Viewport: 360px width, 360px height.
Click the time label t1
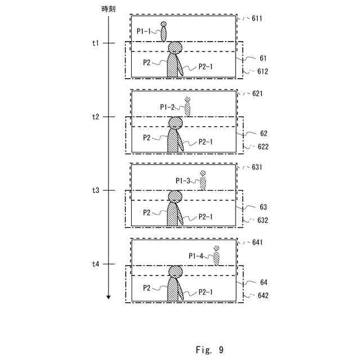(x=96, y=43)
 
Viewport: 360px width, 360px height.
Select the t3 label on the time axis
(x=96, y=191)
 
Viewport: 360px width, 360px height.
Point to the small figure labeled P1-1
(x=164, y=32)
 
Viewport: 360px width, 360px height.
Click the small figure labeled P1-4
(x=216, y=256)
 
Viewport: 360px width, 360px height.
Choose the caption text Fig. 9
(x=210, y=350)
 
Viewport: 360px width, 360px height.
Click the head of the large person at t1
(x=175, y=48)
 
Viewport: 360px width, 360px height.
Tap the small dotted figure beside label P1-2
(x=187, y=107)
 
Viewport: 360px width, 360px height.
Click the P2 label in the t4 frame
(x=146, y=287)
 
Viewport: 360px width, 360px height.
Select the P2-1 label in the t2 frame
(x=206, y=142)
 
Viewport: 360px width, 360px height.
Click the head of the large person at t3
(x=175, y=196)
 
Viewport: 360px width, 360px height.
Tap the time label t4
(x=96, y=264)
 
